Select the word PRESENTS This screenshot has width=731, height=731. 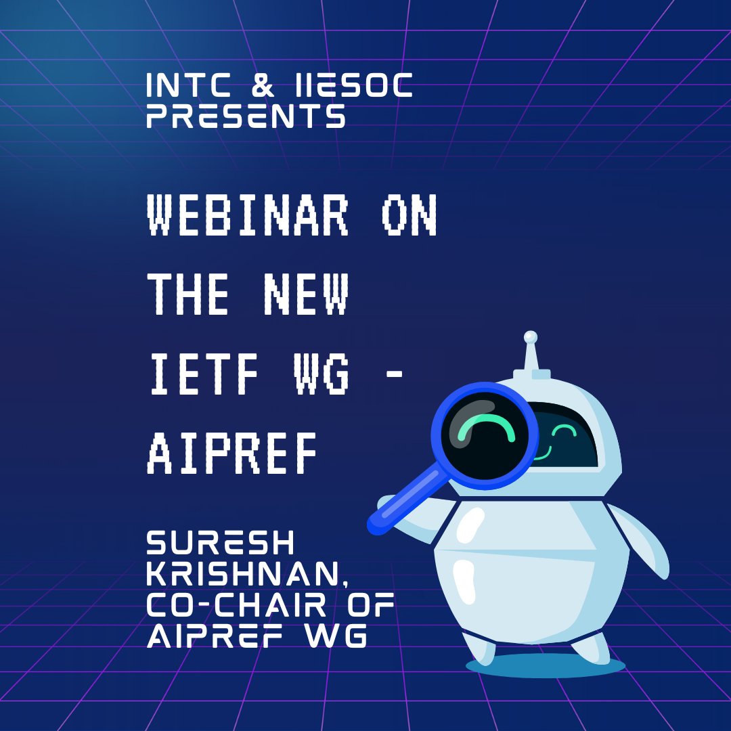246,117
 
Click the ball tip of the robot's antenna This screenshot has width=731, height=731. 531,336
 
